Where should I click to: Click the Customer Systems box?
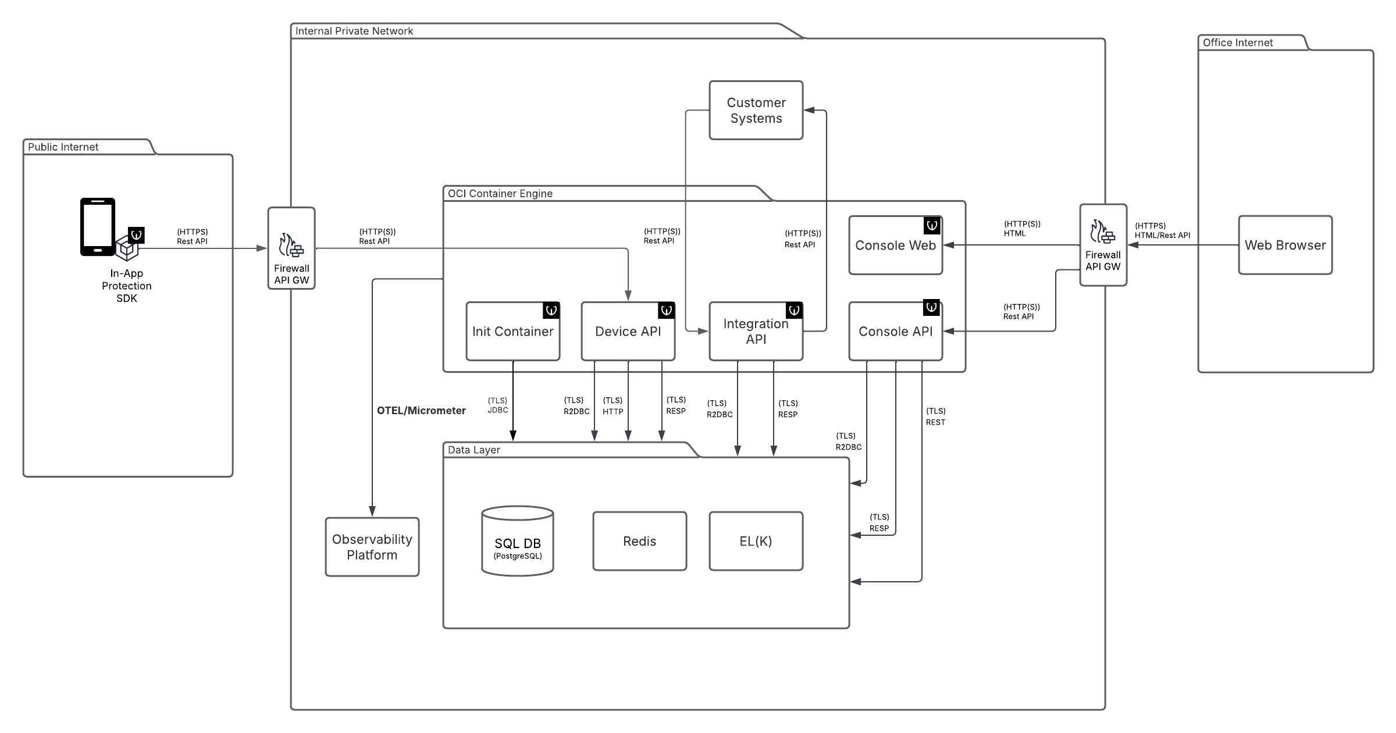pyautogui.click(x=756, y=111)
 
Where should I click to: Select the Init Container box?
pyautogui.click(x=512, y=332)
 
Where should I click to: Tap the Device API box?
pyautogui.click(x=628, y=332)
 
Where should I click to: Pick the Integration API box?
pyautogui.click(x=756, y=332)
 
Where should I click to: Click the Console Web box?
pyautogui.click(x=895, y=245)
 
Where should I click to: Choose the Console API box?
pyautogui.click(x=895, y=332)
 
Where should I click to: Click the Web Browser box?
pyautogui.click(x=1285, y=245)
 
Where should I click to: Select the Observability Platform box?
pyautogui.click(x=372, y=547)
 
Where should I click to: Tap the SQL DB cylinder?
pyautogui.click(x=518, y=542)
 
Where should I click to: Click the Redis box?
pyautogui.click(x=639, y=542)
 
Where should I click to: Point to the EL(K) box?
pyautogui.click(x=756, y=542)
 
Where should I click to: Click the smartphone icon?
pyautogui.click(x=97, y=227)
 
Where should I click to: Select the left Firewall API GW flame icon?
pyautogui.click(x=290, y=245)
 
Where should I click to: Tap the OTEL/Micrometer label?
pyautogui.click(x=421, y=411)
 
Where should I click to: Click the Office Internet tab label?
pyautogui.click(x=1237, y=43)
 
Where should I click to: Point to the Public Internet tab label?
pyautogui.click(x=63, y=147)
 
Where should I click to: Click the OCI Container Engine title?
pyautogui.click(x=500, y=194)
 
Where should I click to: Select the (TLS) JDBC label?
pyautogui.click(x=498, y=405)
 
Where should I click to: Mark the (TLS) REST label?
pyautogui.click(x=935, y=417)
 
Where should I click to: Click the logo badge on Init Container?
pyautogui.click(x=551, y=311)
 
